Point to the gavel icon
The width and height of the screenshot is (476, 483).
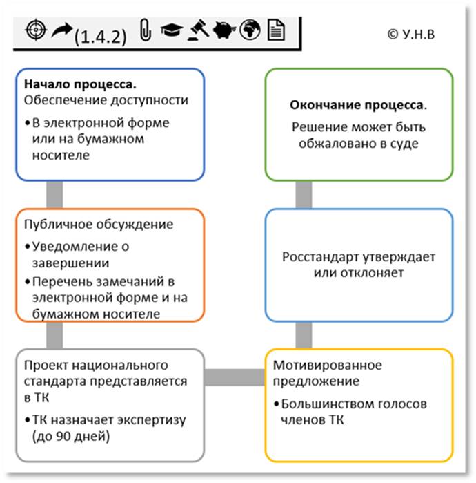click(x=199, y=30)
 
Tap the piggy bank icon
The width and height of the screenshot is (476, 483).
click(x=226, y=30)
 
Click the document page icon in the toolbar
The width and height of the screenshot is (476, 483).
click(x=275, y=30)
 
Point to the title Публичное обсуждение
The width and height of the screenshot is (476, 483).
click(x=98, y=225)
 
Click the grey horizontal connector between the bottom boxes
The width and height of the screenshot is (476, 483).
click(x=235, y=377)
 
